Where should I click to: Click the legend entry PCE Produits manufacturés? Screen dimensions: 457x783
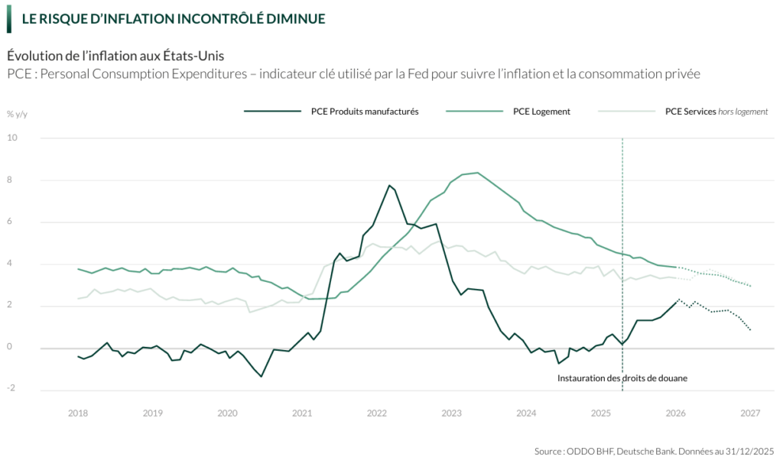[x=365, y=112]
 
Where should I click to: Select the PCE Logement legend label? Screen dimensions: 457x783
[x=541, y=112]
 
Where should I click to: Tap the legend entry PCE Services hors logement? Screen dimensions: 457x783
[x=716, y=112]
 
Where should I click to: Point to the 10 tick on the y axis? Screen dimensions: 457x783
[x=12, y=138]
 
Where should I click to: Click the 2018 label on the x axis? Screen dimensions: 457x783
[x=78, y=413]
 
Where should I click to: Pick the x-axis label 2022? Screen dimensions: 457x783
[x=377, y=413]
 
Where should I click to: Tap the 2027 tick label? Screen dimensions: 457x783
[x=750, y=413]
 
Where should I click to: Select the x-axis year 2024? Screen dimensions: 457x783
[x=526, y=413]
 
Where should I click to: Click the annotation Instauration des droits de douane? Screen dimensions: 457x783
[x=617, y=378]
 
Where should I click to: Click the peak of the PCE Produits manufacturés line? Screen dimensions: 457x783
[x=390, y=185]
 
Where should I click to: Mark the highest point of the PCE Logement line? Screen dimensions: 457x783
[x=478, y=173]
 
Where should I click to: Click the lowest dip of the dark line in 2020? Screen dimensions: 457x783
[x=262, y=376]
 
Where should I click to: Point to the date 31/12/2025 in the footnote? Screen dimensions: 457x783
[x=750, y=449]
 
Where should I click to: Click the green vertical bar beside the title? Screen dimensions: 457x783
[x=9, y=18]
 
